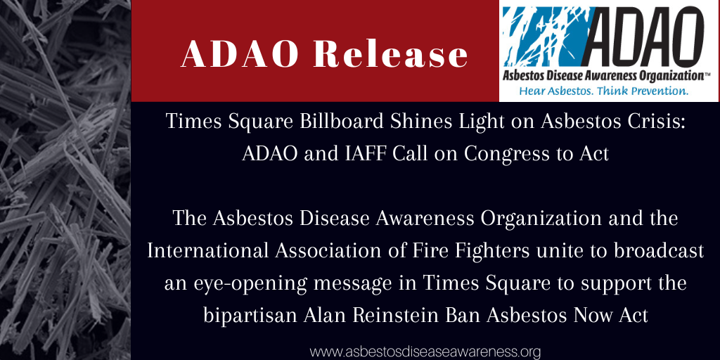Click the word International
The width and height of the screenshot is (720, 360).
point(207,251)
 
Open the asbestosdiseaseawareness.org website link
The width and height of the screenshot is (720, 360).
point(425,352)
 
